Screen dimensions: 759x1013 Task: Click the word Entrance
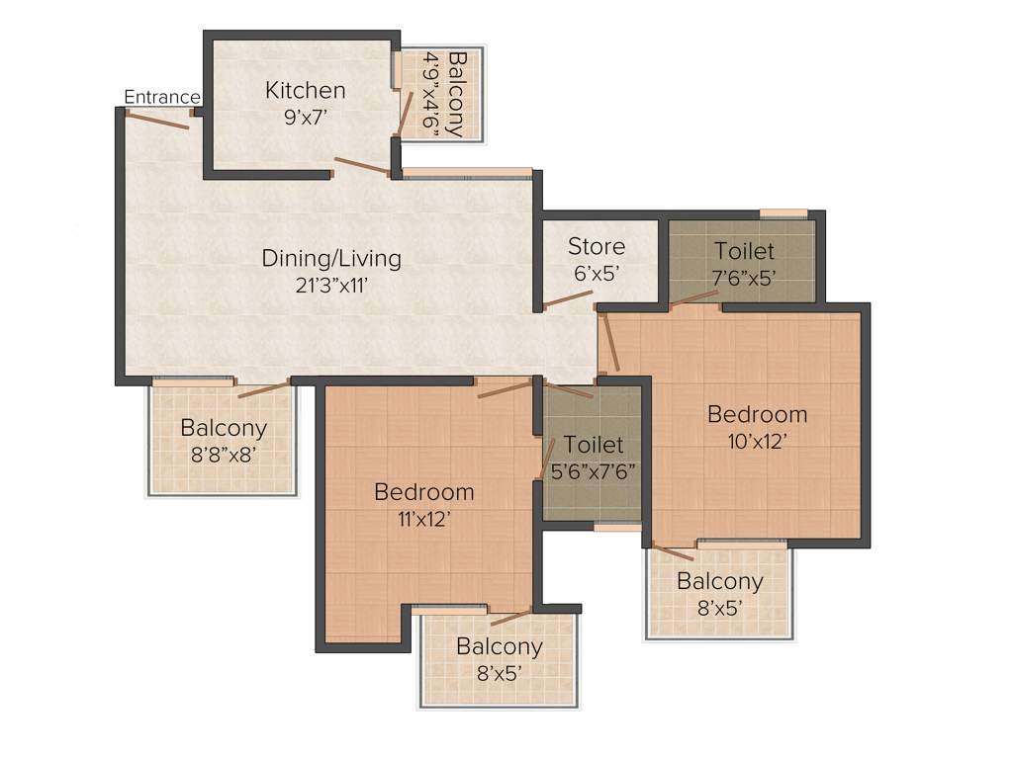[162, 97]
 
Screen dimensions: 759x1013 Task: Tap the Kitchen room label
[306, 91]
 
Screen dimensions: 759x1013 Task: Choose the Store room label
[597, 246]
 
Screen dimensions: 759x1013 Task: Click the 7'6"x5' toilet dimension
[745, 278]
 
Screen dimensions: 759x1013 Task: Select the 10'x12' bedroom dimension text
[757, 441]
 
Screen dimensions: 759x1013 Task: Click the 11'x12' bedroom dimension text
[423, 518]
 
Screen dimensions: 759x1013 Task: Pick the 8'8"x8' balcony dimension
[224, 456]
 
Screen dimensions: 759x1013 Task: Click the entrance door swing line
[157, 119]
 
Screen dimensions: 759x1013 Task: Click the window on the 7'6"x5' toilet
[783, 212]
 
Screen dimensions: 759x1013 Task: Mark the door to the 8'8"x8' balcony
[264, 387]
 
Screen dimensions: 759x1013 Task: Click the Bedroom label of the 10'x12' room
[757, 414]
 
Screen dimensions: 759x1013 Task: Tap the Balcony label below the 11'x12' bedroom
[500, 646]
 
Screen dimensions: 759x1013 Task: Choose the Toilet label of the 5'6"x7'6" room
[594, 445]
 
